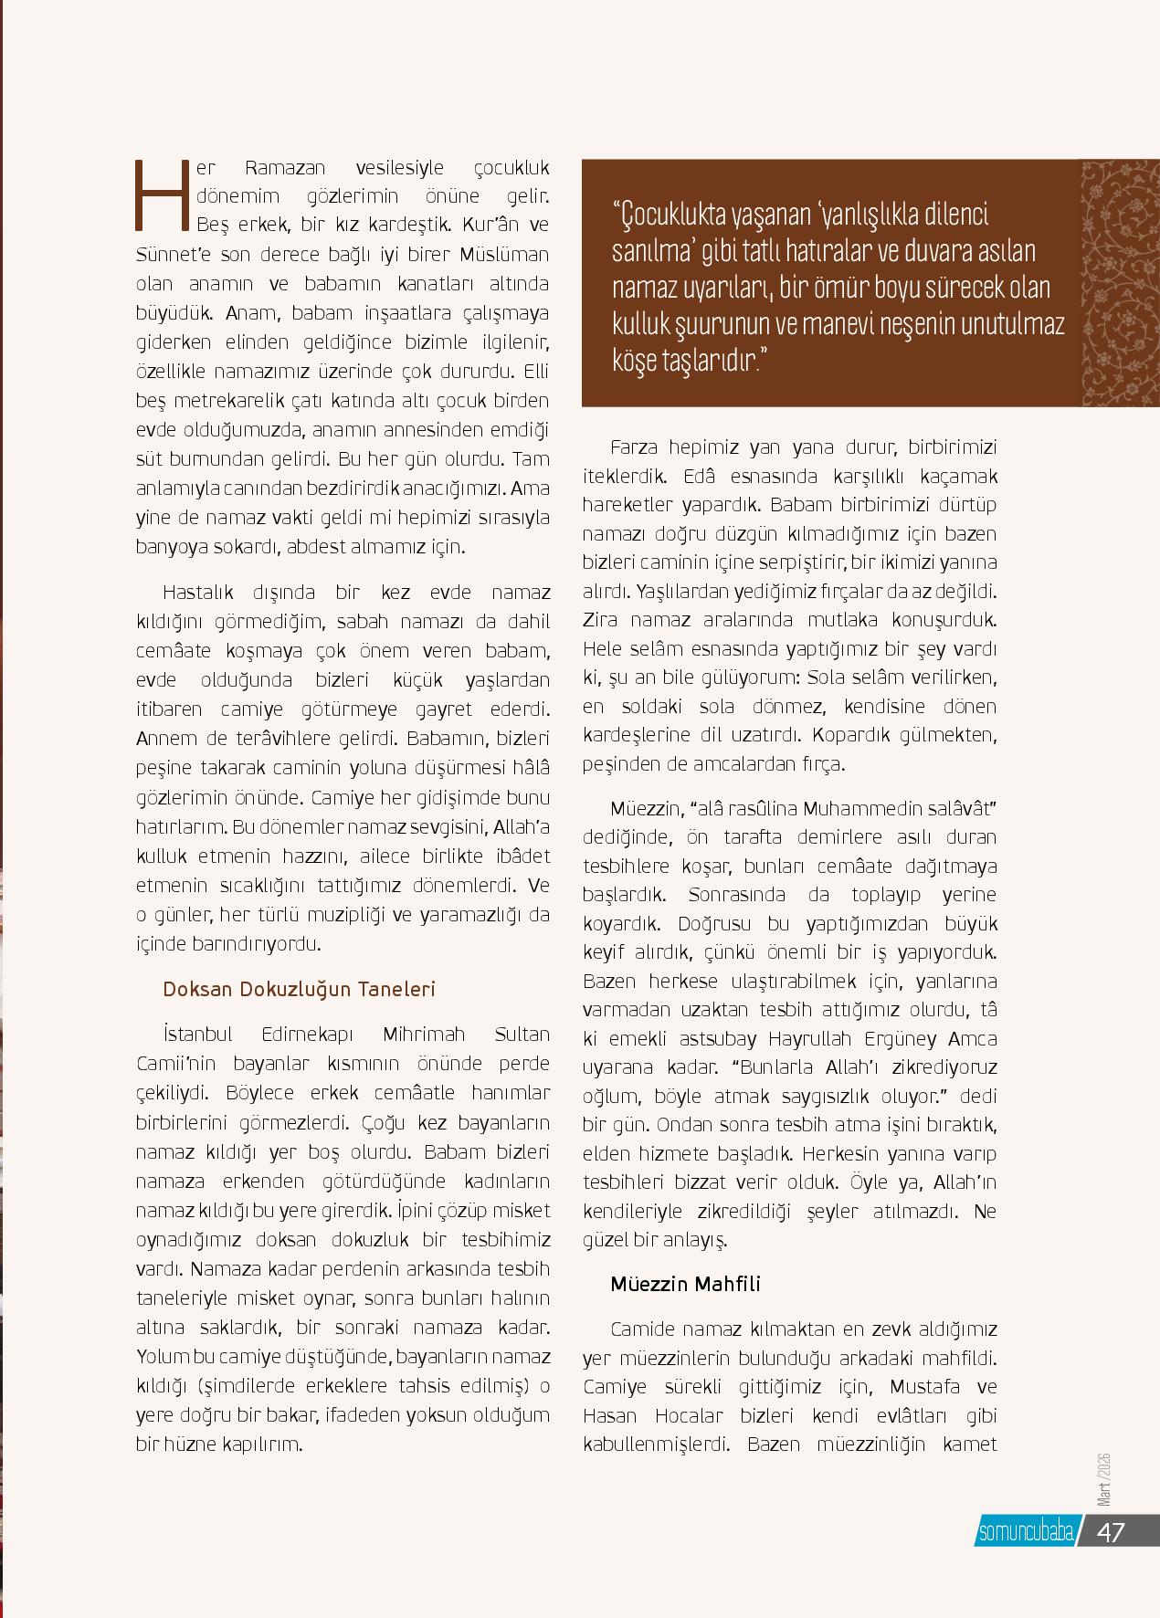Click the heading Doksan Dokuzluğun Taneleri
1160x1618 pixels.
click(299, 989)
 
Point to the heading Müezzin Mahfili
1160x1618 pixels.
click(685, 1283)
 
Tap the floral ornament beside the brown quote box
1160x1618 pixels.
click(1120, 283)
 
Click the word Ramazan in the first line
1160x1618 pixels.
click(285, 167)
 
